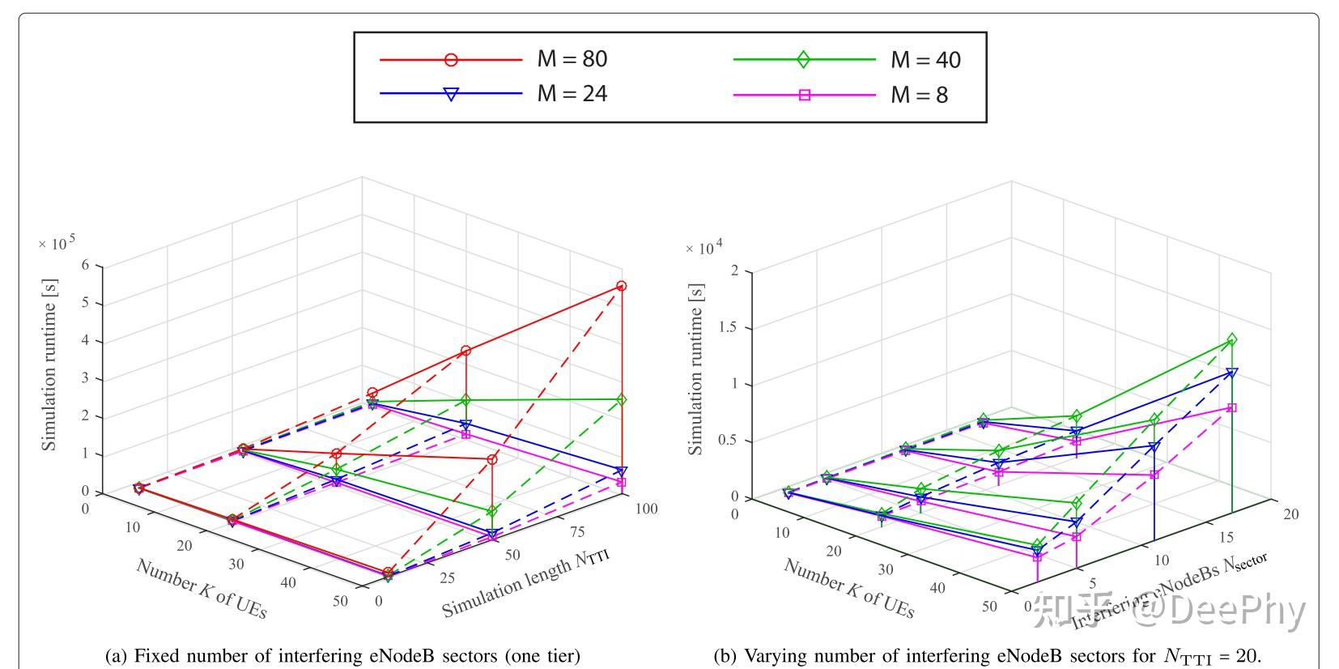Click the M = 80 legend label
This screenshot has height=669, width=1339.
[x=572, y=59]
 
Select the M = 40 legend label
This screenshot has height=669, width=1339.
[x=925, y=60]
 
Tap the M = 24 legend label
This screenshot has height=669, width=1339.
[x=572, y=94]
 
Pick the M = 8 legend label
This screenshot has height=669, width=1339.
[x=919, y=95]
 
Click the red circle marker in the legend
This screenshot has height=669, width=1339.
[x=451, y=59]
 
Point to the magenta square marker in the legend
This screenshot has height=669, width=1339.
[x=805, y=95]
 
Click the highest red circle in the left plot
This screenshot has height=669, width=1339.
[x=622, y=286]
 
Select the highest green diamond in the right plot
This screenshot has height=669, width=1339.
[x=1232, y=339]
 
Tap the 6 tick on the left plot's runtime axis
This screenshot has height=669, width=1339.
[x=86, y=265]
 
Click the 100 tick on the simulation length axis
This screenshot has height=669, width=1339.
[x=646, y=509]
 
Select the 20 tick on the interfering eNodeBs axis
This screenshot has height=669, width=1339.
[x=1290, y=514]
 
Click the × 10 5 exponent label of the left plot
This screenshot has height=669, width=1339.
[x=57, y=243]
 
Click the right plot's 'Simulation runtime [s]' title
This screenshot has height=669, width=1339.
[x=695, y=369]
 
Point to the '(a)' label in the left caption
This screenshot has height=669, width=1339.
[x=117, y=655]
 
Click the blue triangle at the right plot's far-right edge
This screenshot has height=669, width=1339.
[x=1231, y=373]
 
